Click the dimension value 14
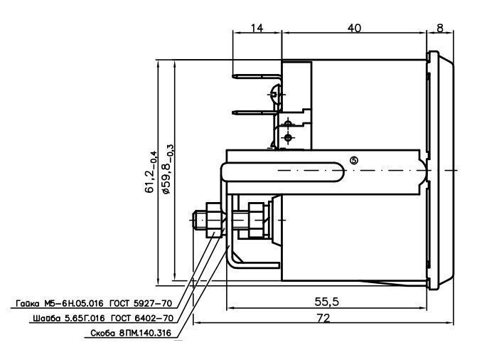(257, 28)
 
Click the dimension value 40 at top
(355, 28)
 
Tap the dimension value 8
(440, 28)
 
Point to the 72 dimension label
(323, 318)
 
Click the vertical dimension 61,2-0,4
(151, 171)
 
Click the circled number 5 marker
(354, 160)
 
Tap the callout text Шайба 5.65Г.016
(69, 318)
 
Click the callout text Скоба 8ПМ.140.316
(131, 333)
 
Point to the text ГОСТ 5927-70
(141, 303)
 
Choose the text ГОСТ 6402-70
(142, 318)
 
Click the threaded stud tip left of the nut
(196, 220)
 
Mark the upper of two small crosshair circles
(288, 123)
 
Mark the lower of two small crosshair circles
(288, 137)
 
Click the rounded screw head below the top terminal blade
(274, 94)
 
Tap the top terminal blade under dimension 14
(257, 76)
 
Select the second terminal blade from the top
(255, 112)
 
